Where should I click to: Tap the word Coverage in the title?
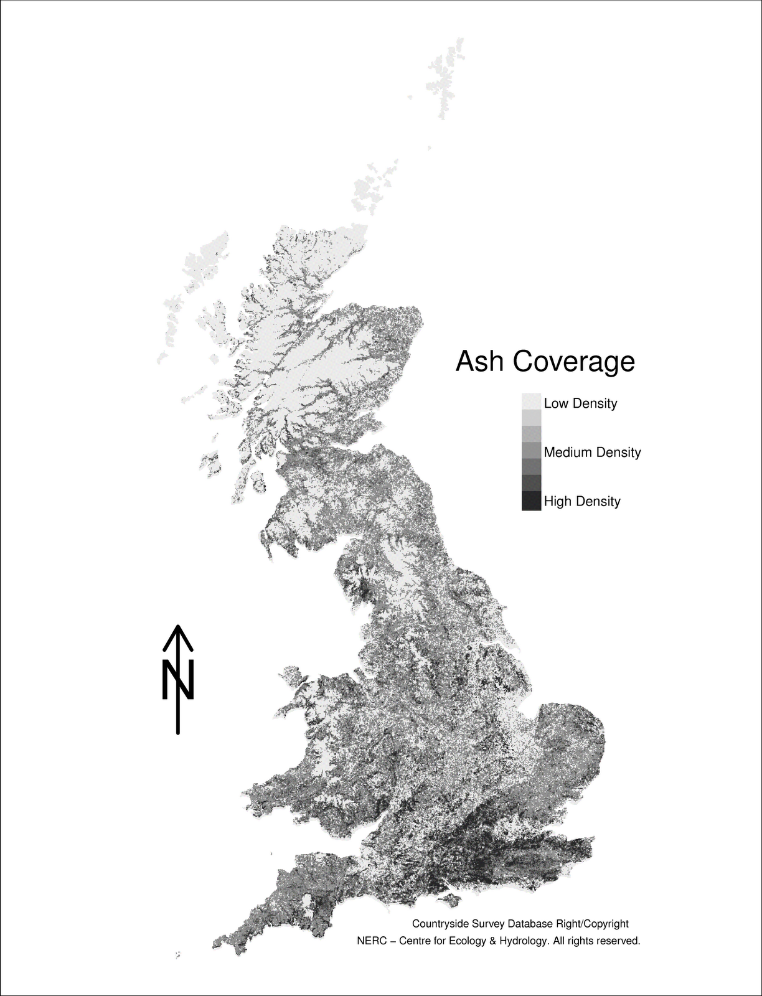pyautogui.click(x=574, y=362)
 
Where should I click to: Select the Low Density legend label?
pyautogui.click(x=580, y=403)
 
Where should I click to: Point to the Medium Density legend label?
pyautogui.click(x=592, y=453)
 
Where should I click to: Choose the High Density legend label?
pyautogui.click(x=582, y=502)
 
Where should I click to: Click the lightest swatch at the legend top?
pyautogui.click(x=531, y=401)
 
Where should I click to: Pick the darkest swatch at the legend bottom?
pyautogui.click(x=531, y=501)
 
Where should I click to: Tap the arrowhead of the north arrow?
pyautogui.click(x=178, y=635)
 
